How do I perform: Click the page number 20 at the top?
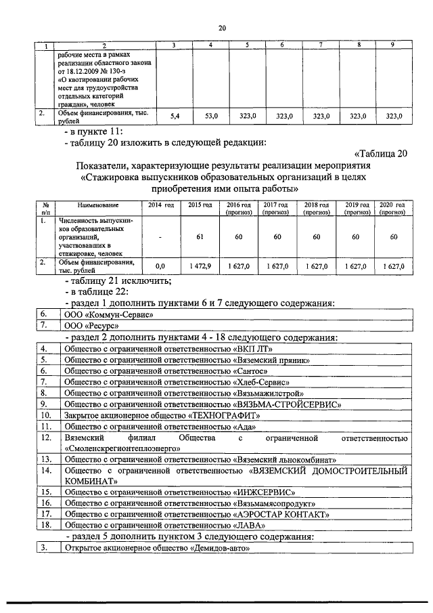[222, 28]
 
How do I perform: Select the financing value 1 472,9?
[200, 267]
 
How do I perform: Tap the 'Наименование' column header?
[97, 205]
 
